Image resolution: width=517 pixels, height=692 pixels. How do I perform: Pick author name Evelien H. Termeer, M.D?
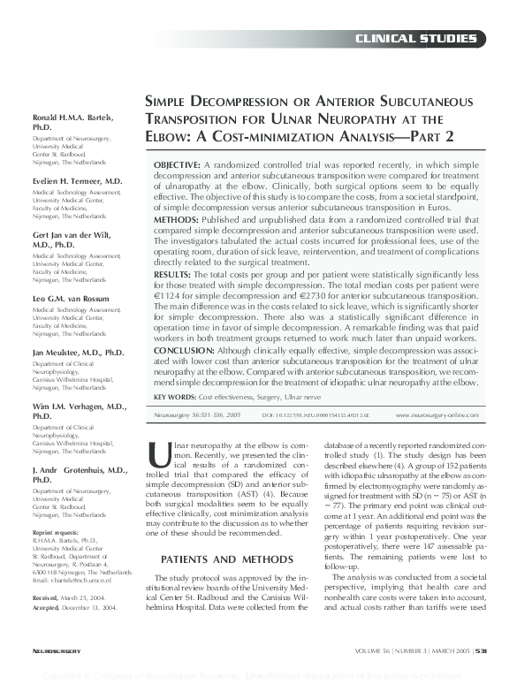click(78, 179)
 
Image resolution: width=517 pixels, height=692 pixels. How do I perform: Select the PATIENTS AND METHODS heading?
click(234, 559)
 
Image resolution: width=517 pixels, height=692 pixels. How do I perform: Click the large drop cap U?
click(160, 452)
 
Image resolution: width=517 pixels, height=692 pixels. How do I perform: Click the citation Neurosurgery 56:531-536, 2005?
click(196, 414)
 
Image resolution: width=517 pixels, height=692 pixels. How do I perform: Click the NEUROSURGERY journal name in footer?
click(56, 674)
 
